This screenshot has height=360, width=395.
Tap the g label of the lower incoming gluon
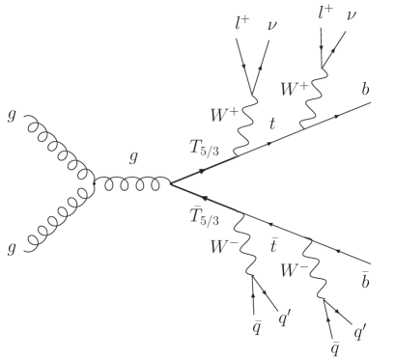(x=12, y=249)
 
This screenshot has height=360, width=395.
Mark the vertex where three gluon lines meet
(x=94, y=182)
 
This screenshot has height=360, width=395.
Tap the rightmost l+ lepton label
(x=325, y=14)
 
